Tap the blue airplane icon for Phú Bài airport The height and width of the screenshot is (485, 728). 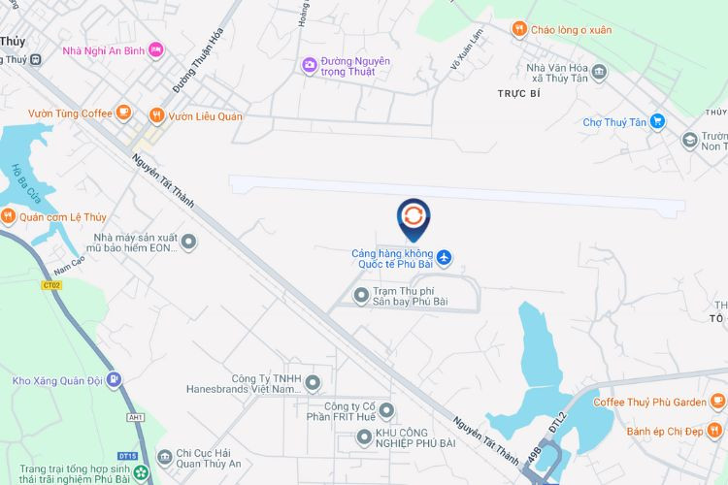click(446, 257)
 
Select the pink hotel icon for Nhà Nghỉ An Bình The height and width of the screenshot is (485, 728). click(155, 49)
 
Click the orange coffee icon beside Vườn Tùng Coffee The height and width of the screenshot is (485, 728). click(123, 113)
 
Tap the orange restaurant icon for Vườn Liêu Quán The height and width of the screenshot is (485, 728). click(156, 114)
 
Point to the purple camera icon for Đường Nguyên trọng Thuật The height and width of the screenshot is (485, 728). click(310, 65)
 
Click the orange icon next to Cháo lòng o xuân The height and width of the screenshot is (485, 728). click(520, 29)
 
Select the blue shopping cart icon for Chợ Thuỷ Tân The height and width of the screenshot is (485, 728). click(658, 121)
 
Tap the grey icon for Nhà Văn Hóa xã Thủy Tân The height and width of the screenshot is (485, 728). click(599, 72)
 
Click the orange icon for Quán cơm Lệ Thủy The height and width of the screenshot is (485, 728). click(8, 216)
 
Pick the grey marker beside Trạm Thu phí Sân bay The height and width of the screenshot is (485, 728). click(361, 294)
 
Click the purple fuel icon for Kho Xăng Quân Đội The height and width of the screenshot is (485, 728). click(115, 379)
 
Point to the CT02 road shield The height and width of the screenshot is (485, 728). click(51, 285)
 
